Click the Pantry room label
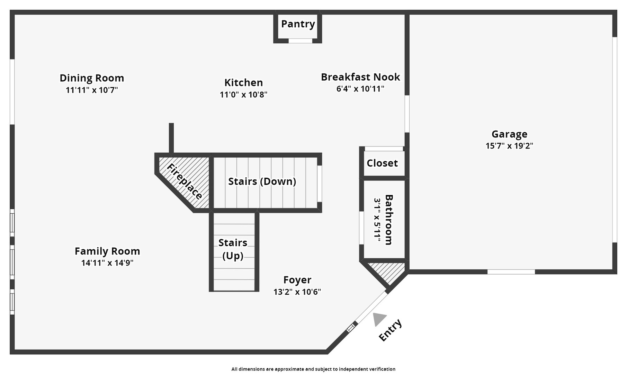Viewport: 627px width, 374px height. [298, 24]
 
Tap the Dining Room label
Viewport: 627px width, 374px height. [92, 78]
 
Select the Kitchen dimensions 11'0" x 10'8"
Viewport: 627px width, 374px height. [244, 95]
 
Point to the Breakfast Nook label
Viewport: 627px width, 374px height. [360, 77]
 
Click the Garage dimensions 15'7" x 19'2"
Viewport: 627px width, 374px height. [509, 146]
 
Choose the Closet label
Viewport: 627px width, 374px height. [382, 163]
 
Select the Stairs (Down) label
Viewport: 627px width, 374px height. [262, 181]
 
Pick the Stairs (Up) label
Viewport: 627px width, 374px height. [233, 249]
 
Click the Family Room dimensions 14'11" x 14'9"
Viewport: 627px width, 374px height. [107, 263]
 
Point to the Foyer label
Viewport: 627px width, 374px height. [297, 280]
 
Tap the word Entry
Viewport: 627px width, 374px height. [391, 330]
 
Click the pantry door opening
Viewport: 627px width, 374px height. [301, 41]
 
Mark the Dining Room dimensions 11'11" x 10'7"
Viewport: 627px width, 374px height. [92, 90]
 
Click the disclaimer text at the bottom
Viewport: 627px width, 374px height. [313, 369]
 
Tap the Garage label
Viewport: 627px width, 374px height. [509, 134]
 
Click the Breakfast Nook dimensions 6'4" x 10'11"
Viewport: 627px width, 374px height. [360, 89]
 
